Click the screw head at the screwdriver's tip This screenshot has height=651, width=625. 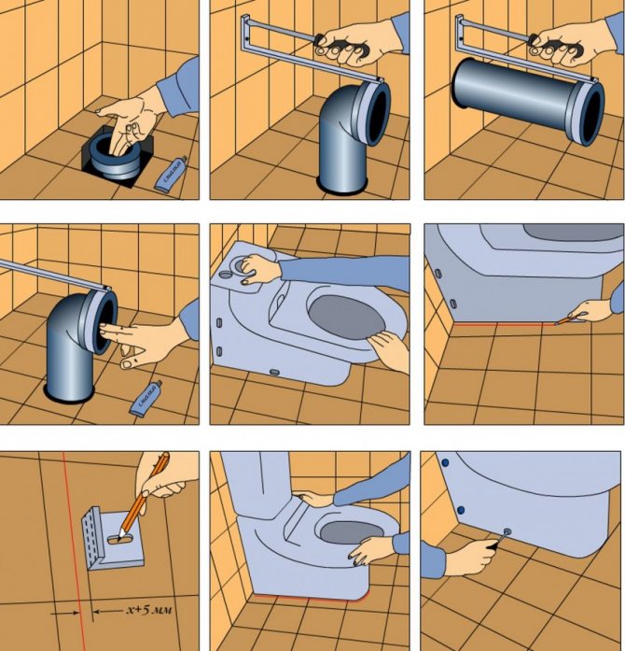point(507,532)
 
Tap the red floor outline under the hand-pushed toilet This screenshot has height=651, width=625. point(308,595)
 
